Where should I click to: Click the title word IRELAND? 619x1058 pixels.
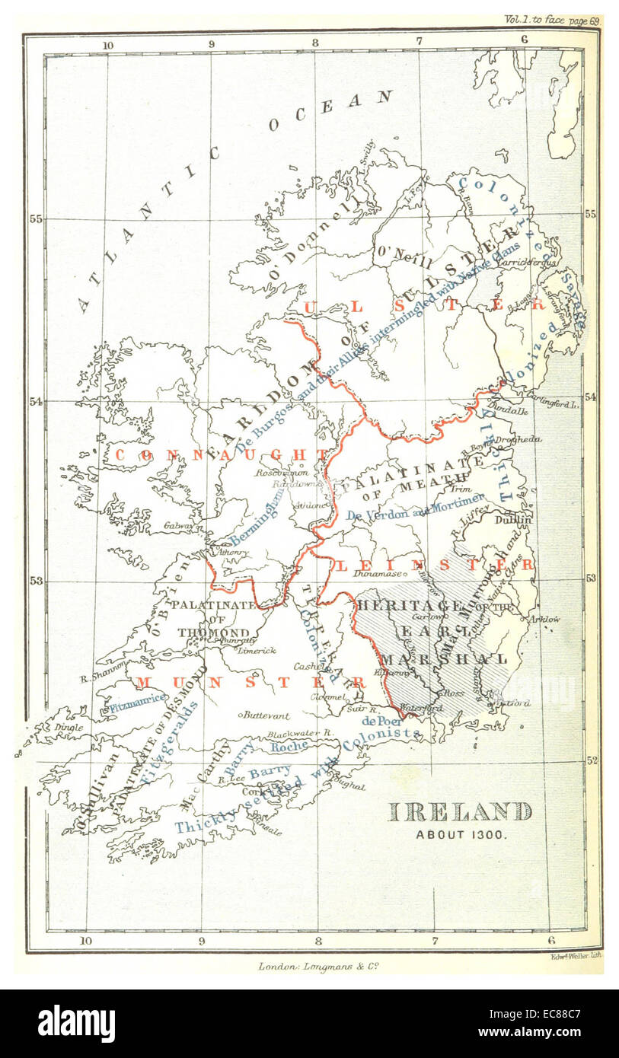[460, 811]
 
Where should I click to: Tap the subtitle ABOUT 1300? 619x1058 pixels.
[461, 833]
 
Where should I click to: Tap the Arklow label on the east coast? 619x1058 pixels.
[544, 619]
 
